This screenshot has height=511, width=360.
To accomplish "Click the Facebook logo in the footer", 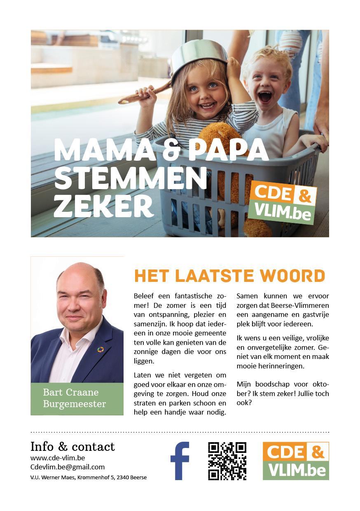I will pyautogui.click(x=180, y=461).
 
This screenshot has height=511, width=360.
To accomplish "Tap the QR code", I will pyautogui.click(x=227, y=461).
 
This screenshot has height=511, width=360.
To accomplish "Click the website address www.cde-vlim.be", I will pyautogui.click(x=58, y=458).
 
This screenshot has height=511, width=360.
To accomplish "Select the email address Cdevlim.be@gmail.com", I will pyautogui.click(x=68, y=467).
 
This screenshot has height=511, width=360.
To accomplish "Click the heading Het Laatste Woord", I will pyautogui.click(x=229, y=276).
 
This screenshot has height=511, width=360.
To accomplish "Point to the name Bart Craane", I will pyautogui.click(x=71, y=392).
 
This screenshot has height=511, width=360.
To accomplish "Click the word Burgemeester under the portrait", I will pyautogui.click(x=75, y=404).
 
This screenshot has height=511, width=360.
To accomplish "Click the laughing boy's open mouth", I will pyautogui.click(x=265, y=97).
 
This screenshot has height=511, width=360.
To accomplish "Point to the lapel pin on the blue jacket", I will pyautogui.click(x=100, y=349).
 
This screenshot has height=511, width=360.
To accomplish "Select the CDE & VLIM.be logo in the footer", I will pyautogui.click(x=296, y=461).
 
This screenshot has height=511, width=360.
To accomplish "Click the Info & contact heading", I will pyautogui.click(x=72, y=447).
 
